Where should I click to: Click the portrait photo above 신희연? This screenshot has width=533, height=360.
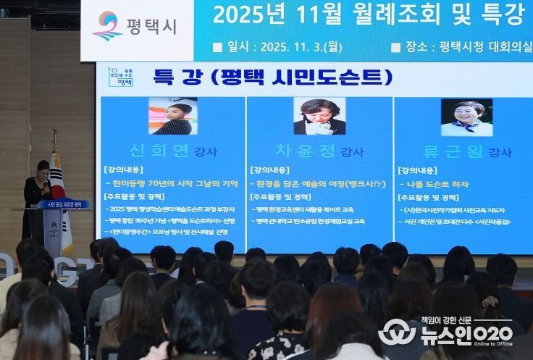pyautogui.click(x=172, y=116)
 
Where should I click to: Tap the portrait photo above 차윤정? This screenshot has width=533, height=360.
pyautogui.click(x=319, y=116)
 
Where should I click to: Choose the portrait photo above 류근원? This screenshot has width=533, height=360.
pyautogui.click(x=466, y=117)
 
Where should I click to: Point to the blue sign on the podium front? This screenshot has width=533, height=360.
pyautogui.click(x=64, y=204)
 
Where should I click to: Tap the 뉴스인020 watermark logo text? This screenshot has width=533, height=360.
pyautogui.click(x=463, y=333)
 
